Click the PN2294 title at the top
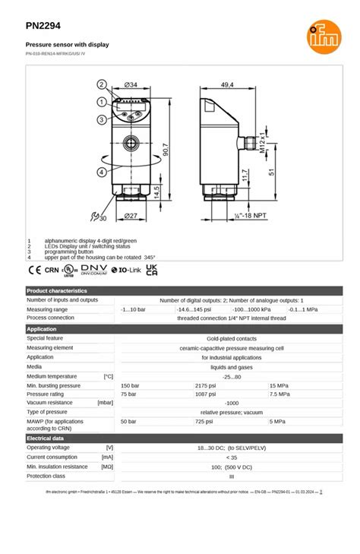(x=43, y=25)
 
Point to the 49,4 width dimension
(x=227, y=84)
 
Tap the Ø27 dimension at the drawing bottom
(x=130, y=217)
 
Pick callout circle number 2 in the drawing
(x=100, y=84)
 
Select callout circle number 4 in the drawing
(x=100, y=172)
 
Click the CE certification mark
(x=34, y=269)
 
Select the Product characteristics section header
(x=57, y=290)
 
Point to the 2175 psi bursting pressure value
(x=206, y=386)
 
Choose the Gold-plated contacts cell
(x=231, y=338)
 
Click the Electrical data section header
(x=46, y=438)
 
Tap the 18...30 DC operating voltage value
(x=231, y=448)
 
